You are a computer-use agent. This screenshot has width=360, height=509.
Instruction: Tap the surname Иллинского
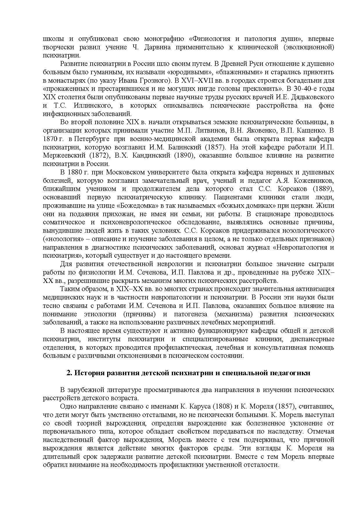click(x=93, y=105)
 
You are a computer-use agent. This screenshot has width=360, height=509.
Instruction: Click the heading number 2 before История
click(x=69, y=373)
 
